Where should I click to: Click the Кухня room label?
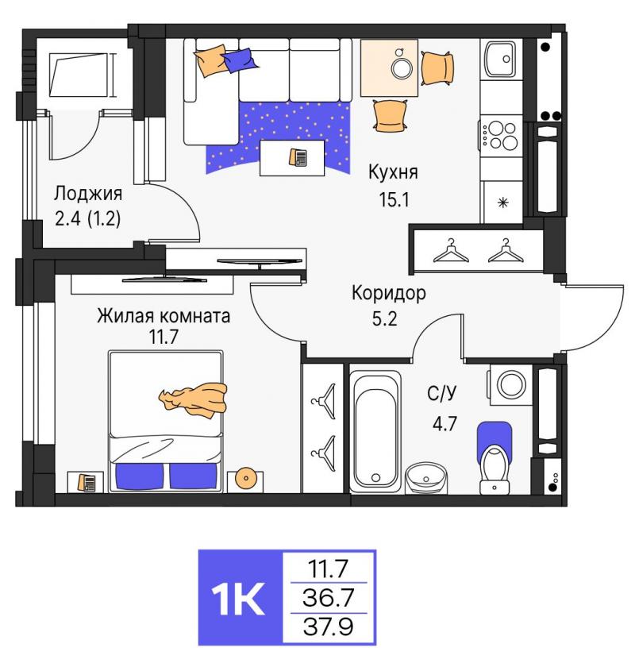pyautogui.click(x=393, y=172)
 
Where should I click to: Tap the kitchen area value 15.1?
pyautogui.click(x=394, y=199)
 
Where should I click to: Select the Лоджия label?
pyautogui.click(x=88, y=194)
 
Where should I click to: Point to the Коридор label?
pyautogui.click(x=389, y=293)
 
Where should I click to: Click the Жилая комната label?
pyautogui.click(x=164, y=316)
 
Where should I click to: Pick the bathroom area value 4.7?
pyautogui.click(x=444, y=424)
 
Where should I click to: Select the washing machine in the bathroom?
pyautogui.click(x=510, y=384)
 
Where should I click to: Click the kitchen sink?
pyautogui.click(x=501, y=59)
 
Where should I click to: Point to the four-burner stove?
pyautogui.click(x=501, y=135)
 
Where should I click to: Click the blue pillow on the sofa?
pyautogui.click(x=240, y=60)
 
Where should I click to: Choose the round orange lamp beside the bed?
pyautogui.click(x=246, y=479)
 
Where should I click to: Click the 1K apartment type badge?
pyautogui.click(x=241, y=598)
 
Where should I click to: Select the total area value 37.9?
pyautogui.click(x=328, y=627)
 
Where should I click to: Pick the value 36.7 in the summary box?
pyautogui.click(x=328, y=598)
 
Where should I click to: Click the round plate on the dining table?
pyautogui.click(x=402, y=67)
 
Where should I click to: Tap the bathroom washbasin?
pyautogui.click(x=426, y=478)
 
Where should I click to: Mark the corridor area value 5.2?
pyautogui.click(x=384, y=318)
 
